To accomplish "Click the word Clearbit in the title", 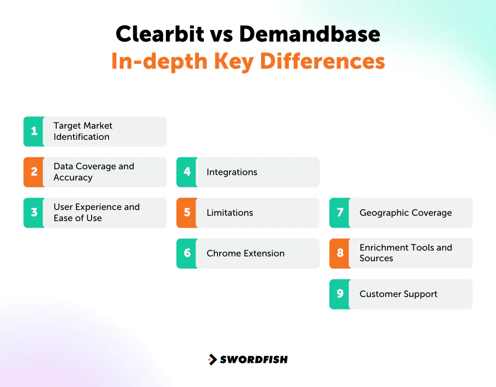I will coord(158,34).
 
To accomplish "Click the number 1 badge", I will coord(34,131).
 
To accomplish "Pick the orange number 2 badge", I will coord(34,172).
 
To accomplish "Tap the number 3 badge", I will coord(34,212).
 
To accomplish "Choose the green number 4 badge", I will coord(187,172).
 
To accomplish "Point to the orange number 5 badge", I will coord(187,212).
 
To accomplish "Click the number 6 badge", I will coord(187,253).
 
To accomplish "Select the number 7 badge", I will coord(340,212).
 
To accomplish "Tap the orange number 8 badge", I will coord(340,253).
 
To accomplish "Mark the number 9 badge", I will coord(340,294).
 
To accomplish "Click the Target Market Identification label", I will coord(83,131).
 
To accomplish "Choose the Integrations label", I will coord(232,172).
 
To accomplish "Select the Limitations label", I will coord(230,212).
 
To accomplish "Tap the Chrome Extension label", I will coord(246,253).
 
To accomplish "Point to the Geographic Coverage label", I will coord(405,212).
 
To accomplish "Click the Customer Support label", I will coord(398,294).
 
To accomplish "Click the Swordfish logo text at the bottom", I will coord(254,359).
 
